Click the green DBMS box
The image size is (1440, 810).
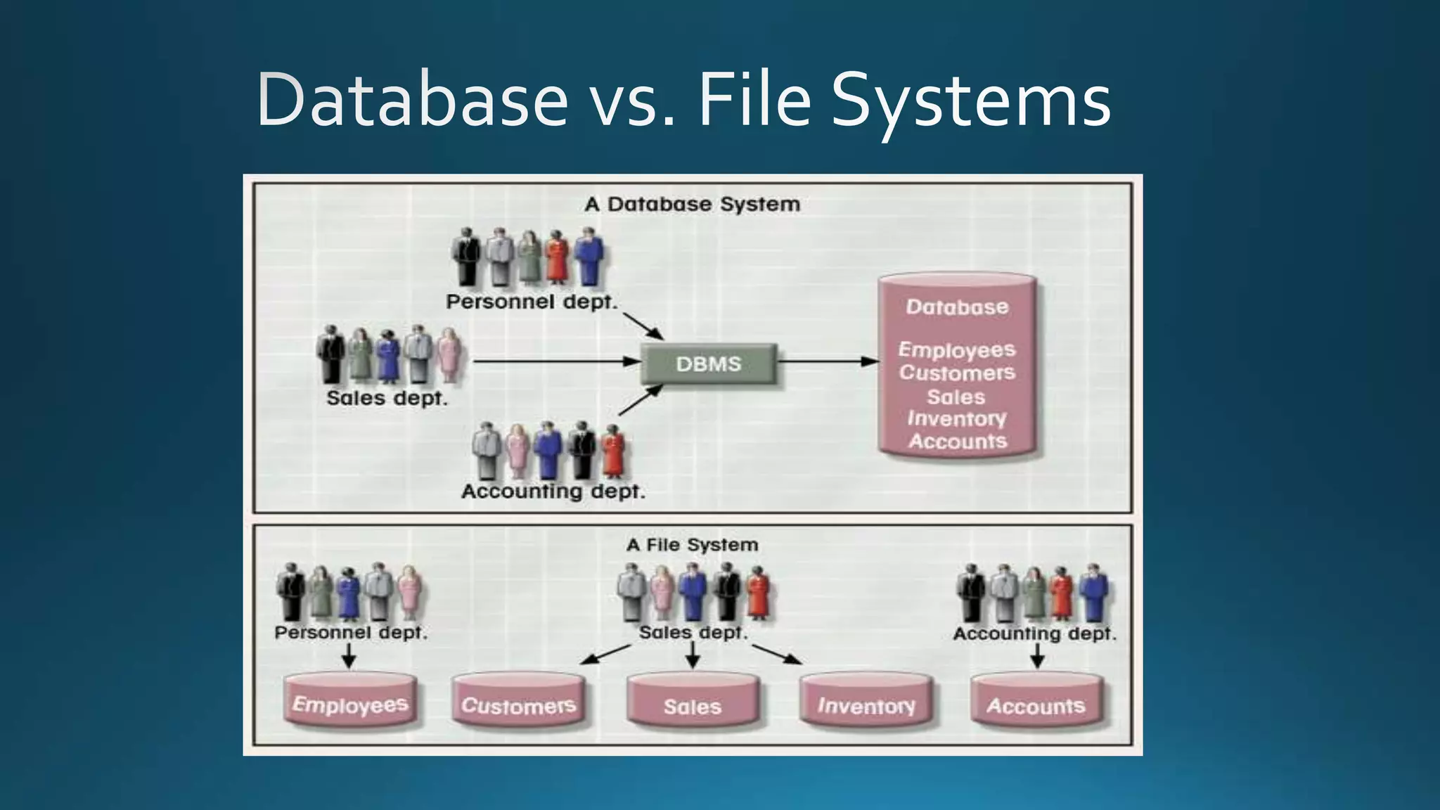(x=708, y=364)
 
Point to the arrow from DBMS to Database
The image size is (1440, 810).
(x=828, y=361)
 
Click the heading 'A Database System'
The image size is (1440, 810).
(x=692, y=205)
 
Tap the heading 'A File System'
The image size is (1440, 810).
(x=692, y=545)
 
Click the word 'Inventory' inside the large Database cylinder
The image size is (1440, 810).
(x=956, y=419)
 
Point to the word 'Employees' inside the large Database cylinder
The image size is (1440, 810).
(x=956, y=349)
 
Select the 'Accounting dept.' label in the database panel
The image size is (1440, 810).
(x=553, y=491)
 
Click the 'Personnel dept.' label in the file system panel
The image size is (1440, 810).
(x=350, y=633)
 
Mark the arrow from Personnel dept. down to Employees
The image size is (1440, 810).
(x=349, y=657)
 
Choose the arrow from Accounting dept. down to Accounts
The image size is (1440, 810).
(x=1036, y=657)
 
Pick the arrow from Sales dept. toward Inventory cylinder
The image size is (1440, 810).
(x=777, y=654)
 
